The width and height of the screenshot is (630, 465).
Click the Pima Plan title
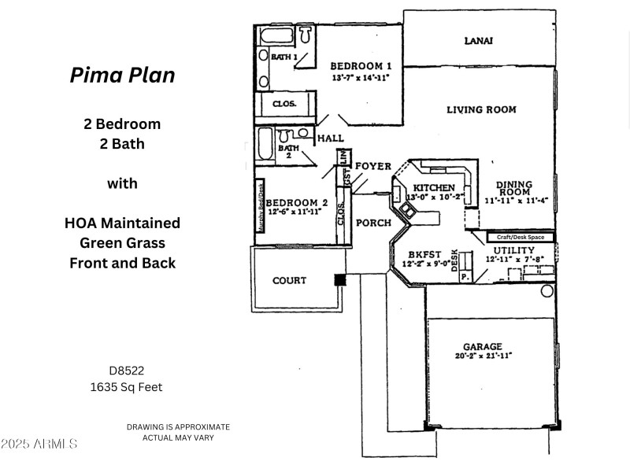point(122,75)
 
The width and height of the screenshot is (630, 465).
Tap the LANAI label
point(479,41)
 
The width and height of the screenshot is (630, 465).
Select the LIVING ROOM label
point(481,109)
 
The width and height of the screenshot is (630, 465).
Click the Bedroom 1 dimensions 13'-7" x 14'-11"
point(360,78)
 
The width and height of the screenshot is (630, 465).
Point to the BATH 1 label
point(285,57)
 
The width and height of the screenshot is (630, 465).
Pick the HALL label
point(331,138)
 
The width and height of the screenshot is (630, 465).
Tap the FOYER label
point(372,166)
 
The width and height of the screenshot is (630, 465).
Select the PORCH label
point(373,223)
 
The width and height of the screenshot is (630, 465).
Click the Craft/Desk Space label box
point(521,237)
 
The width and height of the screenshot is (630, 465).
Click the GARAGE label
point(483,346)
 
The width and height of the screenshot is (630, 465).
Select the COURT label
point(289,280)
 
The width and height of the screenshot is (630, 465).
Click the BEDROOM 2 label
point(298,202)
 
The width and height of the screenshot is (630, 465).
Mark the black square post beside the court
point(339,279)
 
